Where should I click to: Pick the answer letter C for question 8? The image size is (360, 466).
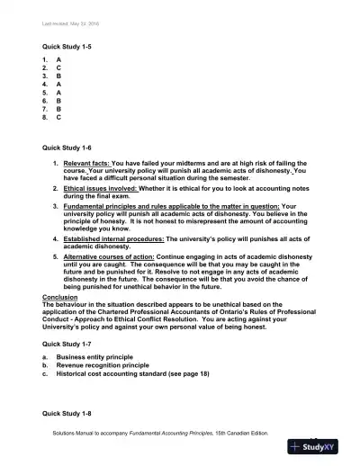(58, 117)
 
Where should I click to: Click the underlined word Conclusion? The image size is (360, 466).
(60, 296)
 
